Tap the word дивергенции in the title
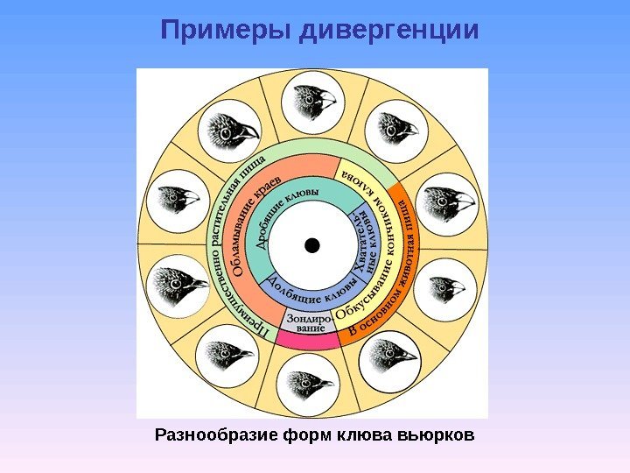tap(390, 32)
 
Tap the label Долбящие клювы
tap(311, 287)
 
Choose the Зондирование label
tap(310, 321)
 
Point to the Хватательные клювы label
tap(364, 240)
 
